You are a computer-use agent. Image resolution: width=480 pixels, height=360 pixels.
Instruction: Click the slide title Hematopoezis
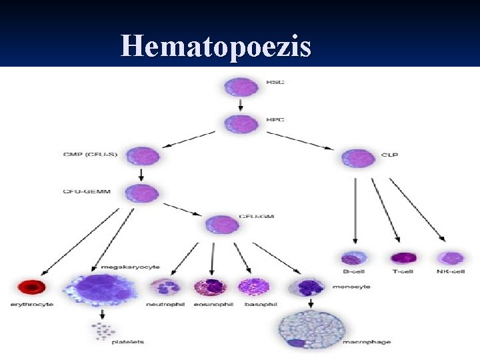tap(216, 47)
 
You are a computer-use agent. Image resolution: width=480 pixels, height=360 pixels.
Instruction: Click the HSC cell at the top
tap(241, 87)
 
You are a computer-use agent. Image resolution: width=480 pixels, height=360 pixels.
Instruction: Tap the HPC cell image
tap(241, 123)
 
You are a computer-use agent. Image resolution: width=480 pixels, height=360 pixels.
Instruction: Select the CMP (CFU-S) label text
tap(89, 156)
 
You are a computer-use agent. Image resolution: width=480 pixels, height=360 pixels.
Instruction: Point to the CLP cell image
tap(358, 157)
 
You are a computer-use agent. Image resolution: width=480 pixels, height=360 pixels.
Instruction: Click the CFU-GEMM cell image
tap(142, 193)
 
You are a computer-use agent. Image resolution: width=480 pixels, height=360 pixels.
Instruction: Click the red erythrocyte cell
tap(31, 287)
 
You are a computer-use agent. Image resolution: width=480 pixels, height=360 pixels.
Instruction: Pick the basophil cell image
tap(252, 287)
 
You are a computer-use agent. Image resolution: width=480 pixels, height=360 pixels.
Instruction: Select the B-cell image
tap(354, 259)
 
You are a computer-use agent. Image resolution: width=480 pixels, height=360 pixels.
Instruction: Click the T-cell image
tap(402, 258)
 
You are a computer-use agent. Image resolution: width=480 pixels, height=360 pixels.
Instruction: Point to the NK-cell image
tap(449, 258)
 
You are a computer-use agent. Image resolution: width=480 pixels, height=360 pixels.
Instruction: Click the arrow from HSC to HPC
tap(241, 105)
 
